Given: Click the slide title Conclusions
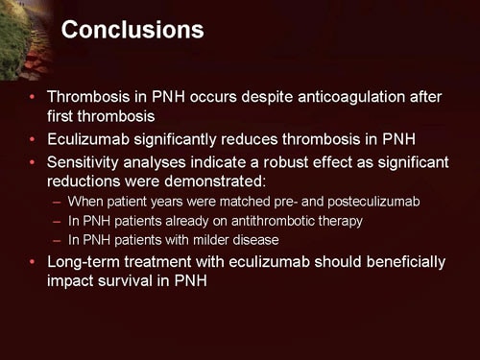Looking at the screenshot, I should point(132,31).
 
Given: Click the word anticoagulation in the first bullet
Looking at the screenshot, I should point(325,98).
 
